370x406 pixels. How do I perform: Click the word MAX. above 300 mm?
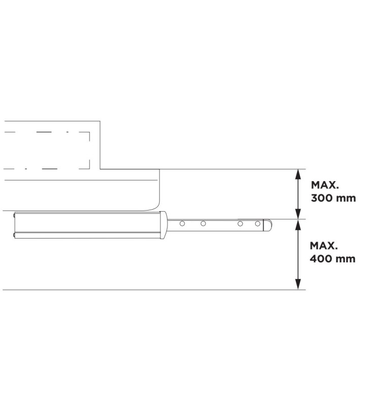[324, 185]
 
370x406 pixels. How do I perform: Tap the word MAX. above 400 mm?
[324, 246]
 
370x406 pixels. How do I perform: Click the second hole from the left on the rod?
[203, 223]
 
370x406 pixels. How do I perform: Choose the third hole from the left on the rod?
[240, 223]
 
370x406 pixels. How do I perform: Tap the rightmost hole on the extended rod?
[258, 223]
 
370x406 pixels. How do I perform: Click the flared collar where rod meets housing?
[164, 224]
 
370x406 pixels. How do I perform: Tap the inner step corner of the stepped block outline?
[100, 168]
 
